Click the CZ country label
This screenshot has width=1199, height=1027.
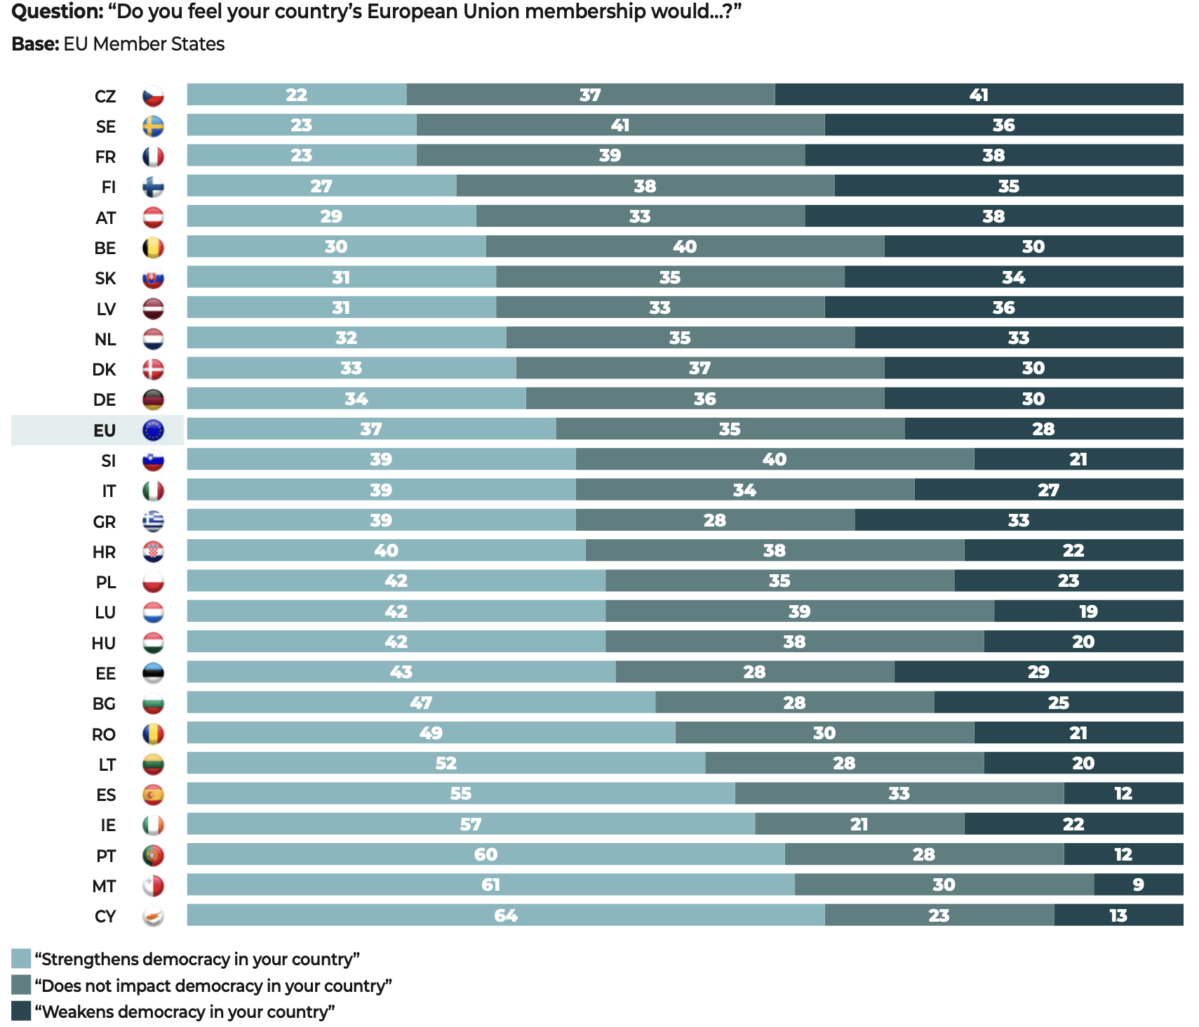tap(105, 96)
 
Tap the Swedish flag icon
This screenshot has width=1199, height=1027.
tap(153, 126)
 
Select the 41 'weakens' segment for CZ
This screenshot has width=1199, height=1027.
tap(979, 95)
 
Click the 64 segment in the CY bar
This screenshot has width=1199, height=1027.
tap(505, 915)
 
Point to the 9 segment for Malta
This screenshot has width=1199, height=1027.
tap(1138, 884)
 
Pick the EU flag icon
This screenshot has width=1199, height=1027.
tap(153, 430)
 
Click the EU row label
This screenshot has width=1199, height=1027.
tap(105, 430)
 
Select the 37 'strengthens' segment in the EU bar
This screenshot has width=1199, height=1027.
tap(371, 429)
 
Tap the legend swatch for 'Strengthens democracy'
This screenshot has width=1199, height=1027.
tap(21, 959)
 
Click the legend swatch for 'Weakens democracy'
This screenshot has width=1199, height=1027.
tap(21, 1011)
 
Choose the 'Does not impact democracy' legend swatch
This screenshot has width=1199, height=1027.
tap(21, 985)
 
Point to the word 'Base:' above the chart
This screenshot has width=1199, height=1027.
tap(35, 44)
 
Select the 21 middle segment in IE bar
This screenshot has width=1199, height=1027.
tap(859, 824)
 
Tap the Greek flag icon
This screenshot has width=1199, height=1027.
tap(153, 521)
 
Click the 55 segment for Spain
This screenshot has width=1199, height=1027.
tap(460, 793)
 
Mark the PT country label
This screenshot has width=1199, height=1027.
tap(106, 856)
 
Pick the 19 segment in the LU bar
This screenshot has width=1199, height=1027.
tap(1088, 611)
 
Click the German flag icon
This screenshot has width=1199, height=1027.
tap(153, 399)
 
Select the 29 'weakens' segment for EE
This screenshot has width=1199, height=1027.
tap(1038, 672)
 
